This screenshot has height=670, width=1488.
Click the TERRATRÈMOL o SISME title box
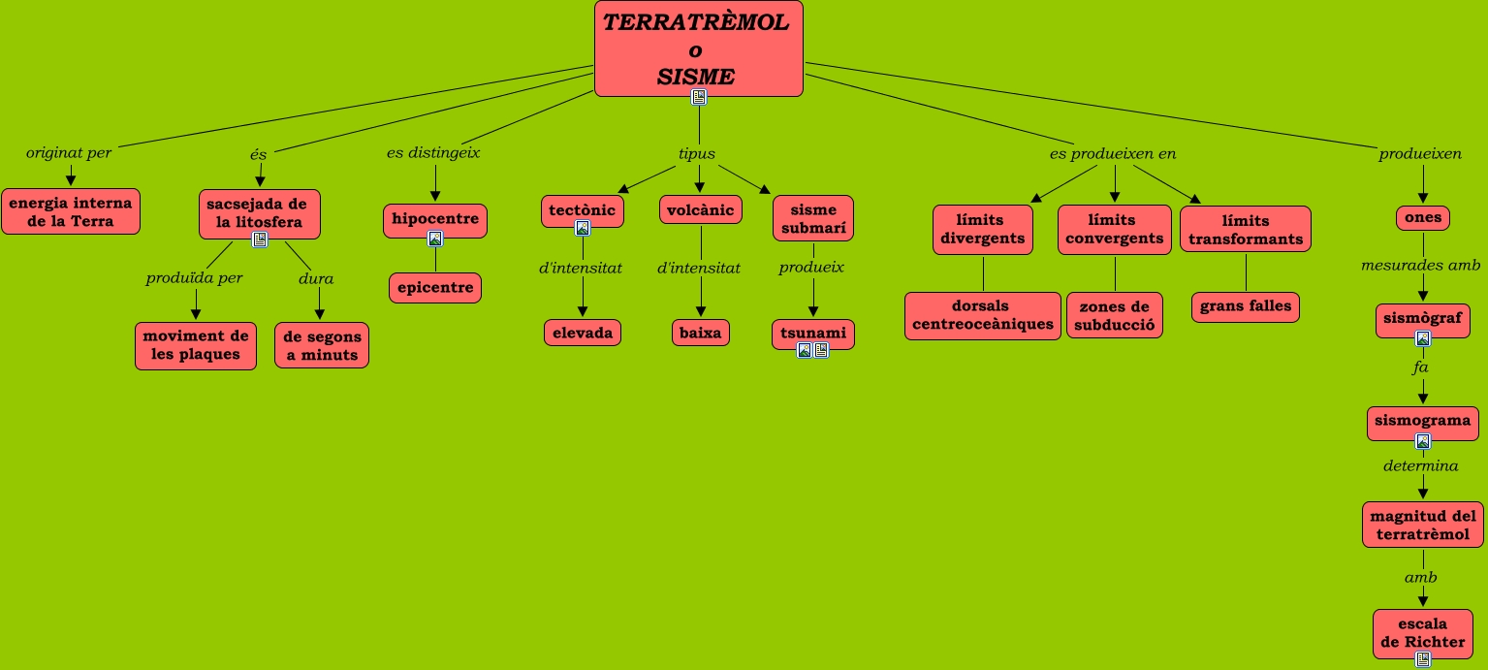[698, 44]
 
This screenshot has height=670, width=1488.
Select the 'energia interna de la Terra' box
[71, 211]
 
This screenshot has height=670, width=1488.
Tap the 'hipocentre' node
[434, 218]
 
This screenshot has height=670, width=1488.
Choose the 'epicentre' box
[435, 288]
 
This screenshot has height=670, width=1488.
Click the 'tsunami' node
[813, 333]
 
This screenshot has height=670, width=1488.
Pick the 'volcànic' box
[701, 209]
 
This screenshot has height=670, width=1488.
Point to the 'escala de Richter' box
[1422, 632]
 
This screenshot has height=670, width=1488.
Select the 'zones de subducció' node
[1114, 315]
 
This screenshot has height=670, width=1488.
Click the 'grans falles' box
[1246, 306]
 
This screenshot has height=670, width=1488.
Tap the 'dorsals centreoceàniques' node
[983, 315]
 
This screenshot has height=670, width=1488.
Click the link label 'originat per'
[69, 153]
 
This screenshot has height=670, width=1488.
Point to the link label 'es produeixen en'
[1113, 153]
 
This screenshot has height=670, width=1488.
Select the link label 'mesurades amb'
[1421, 265]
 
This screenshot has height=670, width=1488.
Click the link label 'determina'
[1421, 465]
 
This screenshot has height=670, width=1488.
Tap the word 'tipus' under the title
[697, 153]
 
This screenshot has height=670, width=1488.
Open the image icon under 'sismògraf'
[1423, 338]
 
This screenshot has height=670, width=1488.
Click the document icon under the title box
[698, 96]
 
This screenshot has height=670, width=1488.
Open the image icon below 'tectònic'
[583, 229]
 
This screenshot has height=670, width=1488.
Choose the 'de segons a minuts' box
[322, 345]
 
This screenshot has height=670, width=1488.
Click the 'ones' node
[1423, 217]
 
